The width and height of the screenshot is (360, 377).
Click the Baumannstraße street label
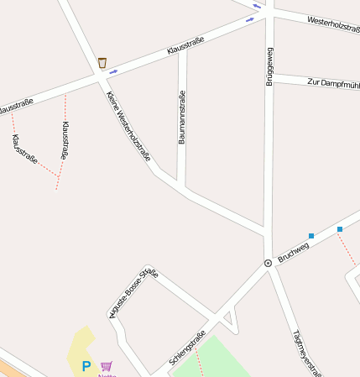181,117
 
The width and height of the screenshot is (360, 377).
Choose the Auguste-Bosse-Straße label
133,292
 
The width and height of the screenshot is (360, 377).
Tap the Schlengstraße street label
187,348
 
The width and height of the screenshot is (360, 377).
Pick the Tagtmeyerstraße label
307,352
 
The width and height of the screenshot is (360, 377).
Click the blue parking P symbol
86,366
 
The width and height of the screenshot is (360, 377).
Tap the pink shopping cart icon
107,366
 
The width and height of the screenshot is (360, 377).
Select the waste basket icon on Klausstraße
102,62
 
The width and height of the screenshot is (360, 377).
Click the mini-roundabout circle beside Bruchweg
268,263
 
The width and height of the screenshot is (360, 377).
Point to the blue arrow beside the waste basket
113,71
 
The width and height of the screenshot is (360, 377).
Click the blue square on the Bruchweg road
311,236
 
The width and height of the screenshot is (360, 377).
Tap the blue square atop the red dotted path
340,229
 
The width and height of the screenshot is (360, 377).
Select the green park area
210,357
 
